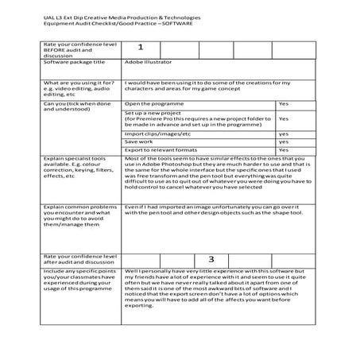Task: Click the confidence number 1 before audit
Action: pos(140,47)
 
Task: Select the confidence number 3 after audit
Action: pos(211,259)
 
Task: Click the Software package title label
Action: pos(78,61)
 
